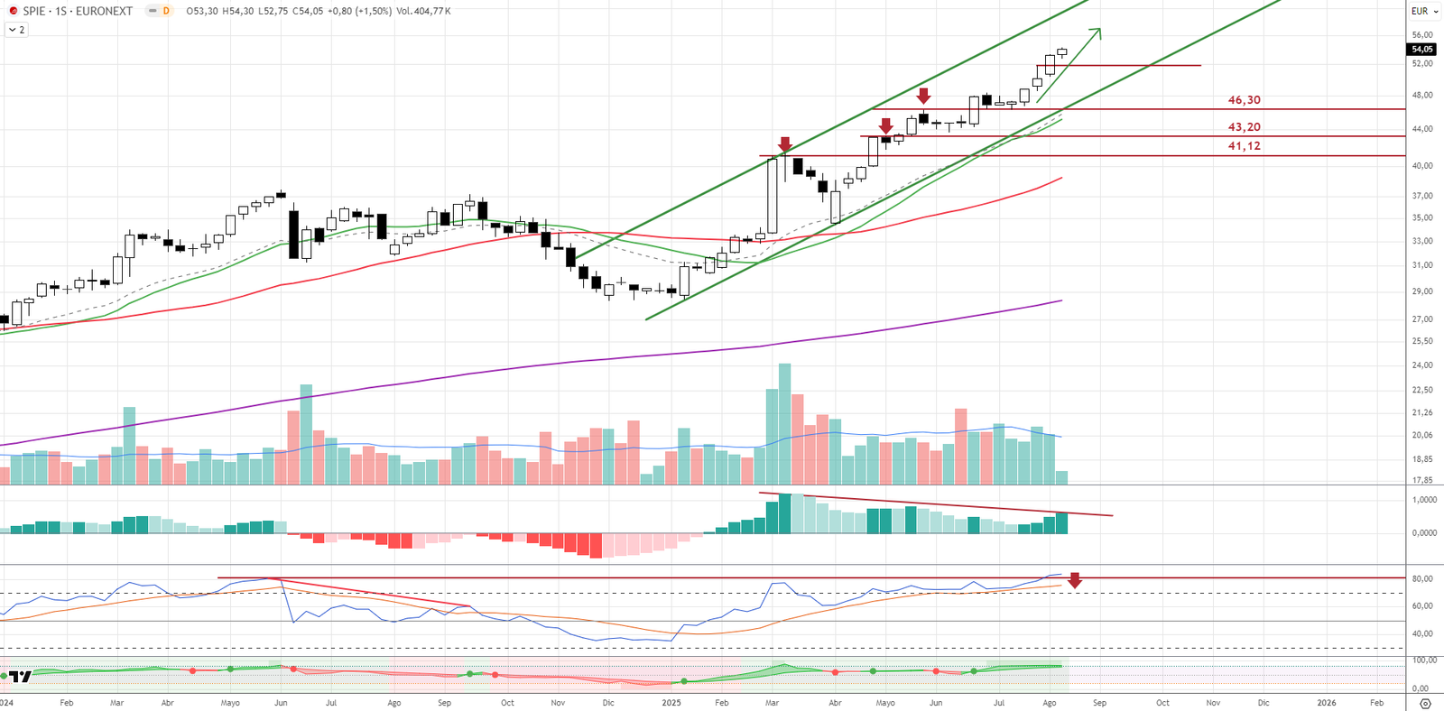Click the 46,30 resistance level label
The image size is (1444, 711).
click(1244, 100)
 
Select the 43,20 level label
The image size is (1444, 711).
click(1244, 127)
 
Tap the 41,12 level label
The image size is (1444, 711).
click(1244, 146)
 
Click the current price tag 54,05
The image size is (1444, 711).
click(1421, 50)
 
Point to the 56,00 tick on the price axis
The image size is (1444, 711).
click(1422, 35)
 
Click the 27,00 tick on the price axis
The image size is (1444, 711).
click(1422, 319)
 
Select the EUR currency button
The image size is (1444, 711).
click(1420, 11)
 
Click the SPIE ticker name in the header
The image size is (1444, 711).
click(34, 11)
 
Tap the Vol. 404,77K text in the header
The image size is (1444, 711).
click(423, 11)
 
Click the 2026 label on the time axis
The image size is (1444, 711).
click(1327, 703)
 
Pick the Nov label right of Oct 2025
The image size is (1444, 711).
click(1213, 703)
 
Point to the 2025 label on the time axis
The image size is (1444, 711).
click(671, 703)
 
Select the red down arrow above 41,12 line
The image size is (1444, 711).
click(785, 144)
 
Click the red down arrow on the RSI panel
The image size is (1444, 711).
click(1075, 581)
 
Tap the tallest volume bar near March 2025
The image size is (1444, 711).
click(784, 424)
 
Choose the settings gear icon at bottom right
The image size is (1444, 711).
click(1425, 703)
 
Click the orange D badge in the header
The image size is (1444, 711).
click(166, 11)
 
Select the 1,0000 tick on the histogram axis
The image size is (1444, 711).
click(1424, 500)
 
